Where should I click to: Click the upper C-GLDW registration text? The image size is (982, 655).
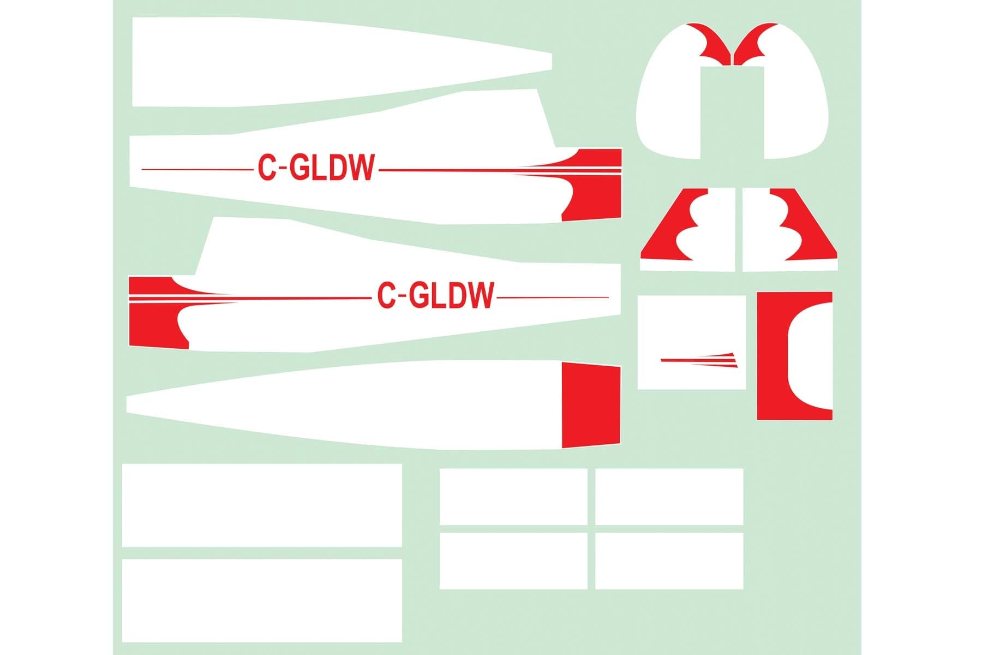point(316,168)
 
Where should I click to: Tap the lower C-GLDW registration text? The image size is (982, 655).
point(435,295)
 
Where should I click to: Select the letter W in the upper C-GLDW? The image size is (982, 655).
point(361,168)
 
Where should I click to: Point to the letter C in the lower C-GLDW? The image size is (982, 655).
point(386,295)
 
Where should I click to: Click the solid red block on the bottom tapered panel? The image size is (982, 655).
point(591,405)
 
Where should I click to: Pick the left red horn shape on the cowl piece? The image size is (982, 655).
point(712,41)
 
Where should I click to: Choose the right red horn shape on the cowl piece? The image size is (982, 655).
point(755,41)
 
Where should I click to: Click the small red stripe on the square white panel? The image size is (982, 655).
point(699,359)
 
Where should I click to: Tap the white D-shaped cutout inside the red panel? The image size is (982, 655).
point(810,356)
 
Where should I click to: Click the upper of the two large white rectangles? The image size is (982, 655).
point(262,505)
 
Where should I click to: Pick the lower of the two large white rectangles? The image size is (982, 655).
point(262,600)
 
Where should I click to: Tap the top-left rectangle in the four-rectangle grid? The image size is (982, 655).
point(513,497)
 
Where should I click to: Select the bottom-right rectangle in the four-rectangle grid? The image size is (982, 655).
point(669,561)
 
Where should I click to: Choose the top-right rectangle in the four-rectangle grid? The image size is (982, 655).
point(669,497)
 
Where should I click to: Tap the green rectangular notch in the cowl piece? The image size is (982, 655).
point(732,112)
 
